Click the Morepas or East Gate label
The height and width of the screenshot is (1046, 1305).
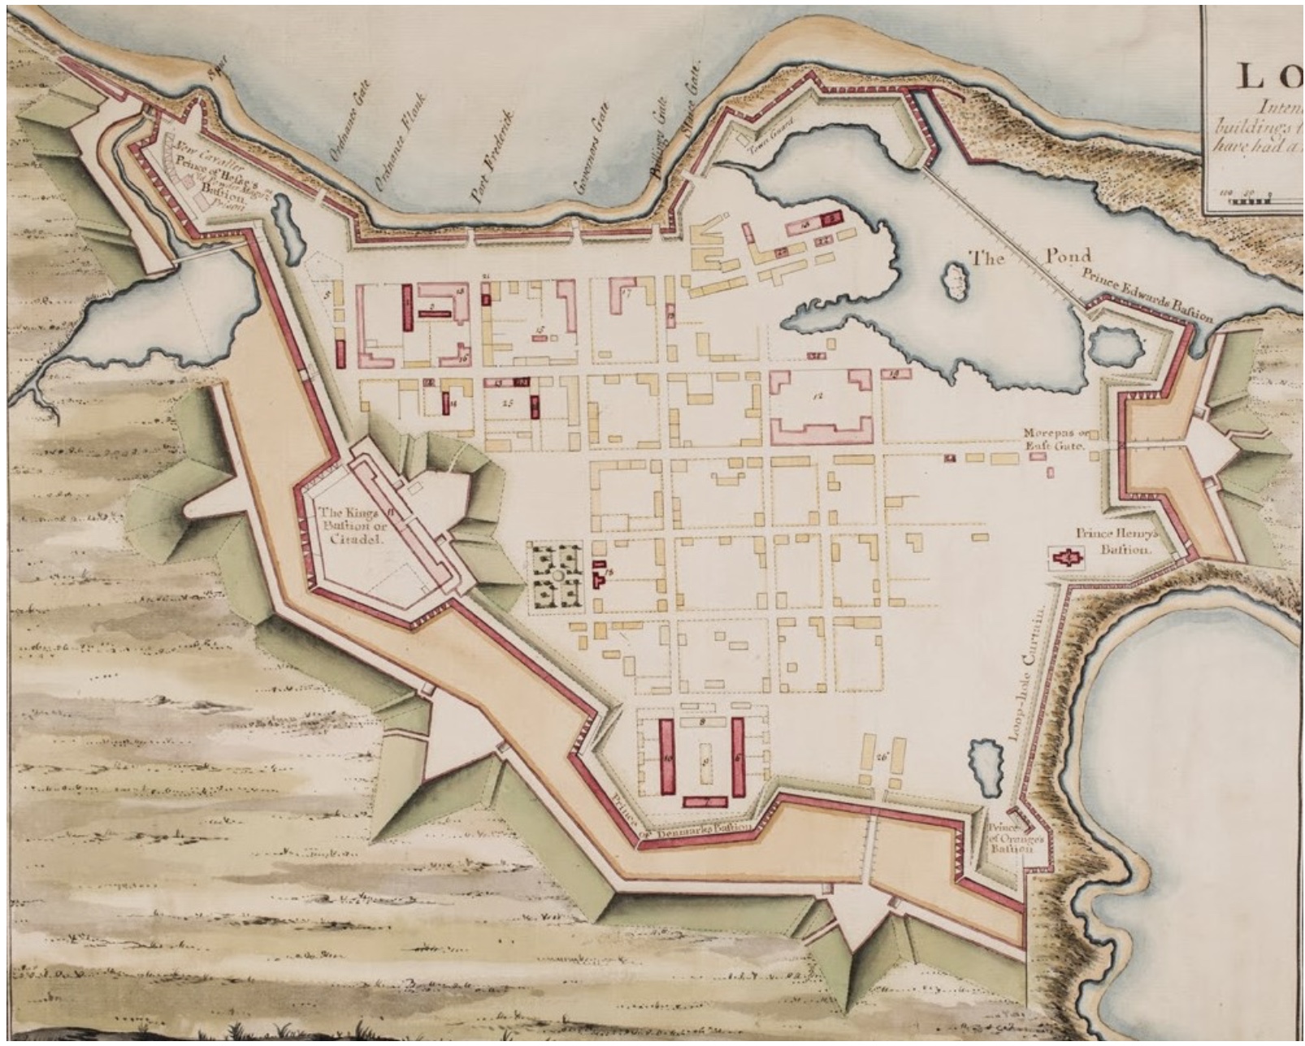1055,439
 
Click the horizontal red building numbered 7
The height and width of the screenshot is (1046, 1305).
705,802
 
